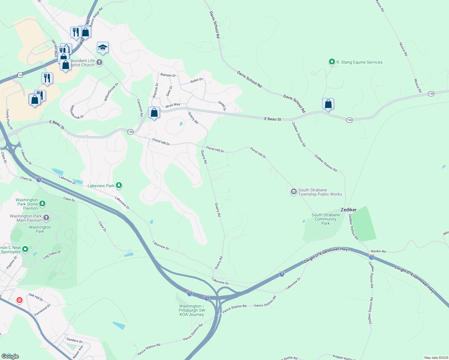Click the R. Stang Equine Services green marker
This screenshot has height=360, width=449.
332,62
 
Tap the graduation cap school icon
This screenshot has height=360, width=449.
103,48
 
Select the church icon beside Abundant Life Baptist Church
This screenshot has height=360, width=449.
99,62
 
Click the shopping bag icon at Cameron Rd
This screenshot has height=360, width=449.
154,113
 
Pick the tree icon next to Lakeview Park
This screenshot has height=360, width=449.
119,185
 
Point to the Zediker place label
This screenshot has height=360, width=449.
348,210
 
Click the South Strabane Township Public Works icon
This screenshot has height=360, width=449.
294,192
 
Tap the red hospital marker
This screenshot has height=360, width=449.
20,300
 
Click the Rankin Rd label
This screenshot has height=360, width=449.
378,251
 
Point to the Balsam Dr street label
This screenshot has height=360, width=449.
168,75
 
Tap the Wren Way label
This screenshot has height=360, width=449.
173,105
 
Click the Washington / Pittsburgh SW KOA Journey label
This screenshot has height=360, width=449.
192,310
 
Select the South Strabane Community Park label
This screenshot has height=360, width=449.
326,219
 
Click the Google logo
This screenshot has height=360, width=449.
10,356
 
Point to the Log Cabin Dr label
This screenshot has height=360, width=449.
52,255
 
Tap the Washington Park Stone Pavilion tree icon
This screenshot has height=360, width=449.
43,204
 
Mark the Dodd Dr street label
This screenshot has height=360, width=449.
222,106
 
